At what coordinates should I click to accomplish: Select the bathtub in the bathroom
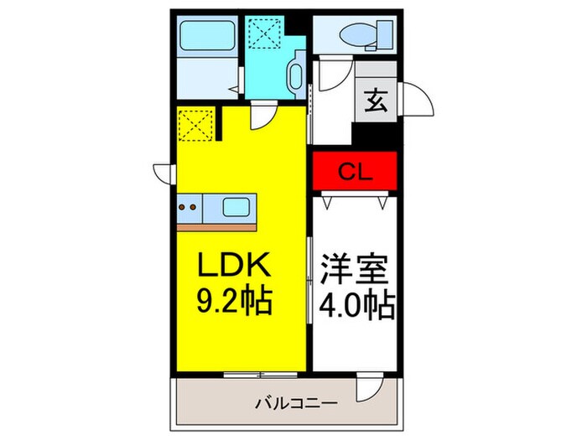click(205, 38)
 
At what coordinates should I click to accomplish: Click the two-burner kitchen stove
click(190, 206)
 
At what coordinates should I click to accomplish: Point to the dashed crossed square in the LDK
click(197, 127)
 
